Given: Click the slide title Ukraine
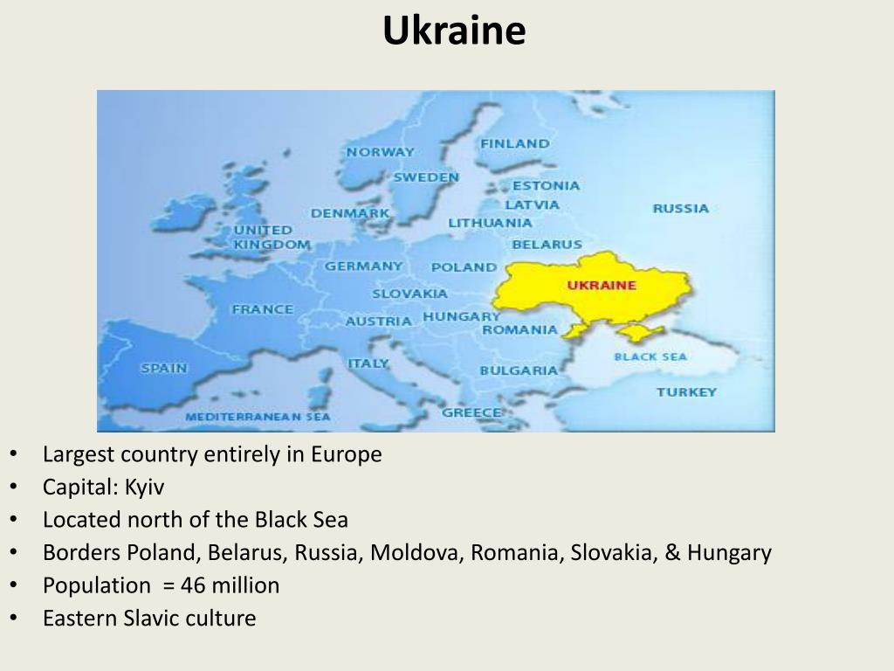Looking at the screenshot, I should [x=454, y=31].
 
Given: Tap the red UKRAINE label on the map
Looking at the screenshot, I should [x=602, y=285].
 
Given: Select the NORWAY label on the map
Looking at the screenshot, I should [x=380, y=151].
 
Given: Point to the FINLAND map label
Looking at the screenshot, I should [x=515, y=143].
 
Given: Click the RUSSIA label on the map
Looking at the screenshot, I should [x=680, y=208].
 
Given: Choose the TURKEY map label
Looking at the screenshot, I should [x=686, y=391].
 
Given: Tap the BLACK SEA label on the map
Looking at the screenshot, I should [x=650, y=356].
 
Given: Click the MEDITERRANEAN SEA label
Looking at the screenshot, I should [x=258, y=417].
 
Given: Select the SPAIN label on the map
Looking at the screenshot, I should [x=164, y=368].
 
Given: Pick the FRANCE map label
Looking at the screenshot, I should [x=262, y=308].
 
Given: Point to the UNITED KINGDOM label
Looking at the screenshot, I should [x=271, y=237].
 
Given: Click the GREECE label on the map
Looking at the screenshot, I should [x=471, y=412].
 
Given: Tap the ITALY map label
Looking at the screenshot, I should [x=368, y=363].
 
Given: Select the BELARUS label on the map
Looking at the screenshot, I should [x=547, y=245].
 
